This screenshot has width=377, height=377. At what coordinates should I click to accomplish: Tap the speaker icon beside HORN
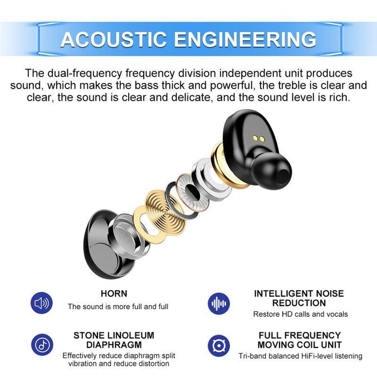41,303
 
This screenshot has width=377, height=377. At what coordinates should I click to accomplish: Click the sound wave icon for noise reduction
219,303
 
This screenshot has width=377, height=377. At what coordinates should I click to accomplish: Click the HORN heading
114,294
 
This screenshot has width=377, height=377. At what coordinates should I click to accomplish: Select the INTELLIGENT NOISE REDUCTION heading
299,298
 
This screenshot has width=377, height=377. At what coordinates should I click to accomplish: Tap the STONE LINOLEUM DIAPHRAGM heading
114,340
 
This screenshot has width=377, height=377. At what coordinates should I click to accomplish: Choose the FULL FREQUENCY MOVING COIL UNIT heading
299,340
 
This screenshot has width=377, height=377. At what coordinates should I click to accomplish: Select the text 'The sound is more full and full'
118,306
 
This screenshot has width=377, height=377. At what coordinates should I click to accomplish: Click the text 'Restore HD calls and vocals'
300,314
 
